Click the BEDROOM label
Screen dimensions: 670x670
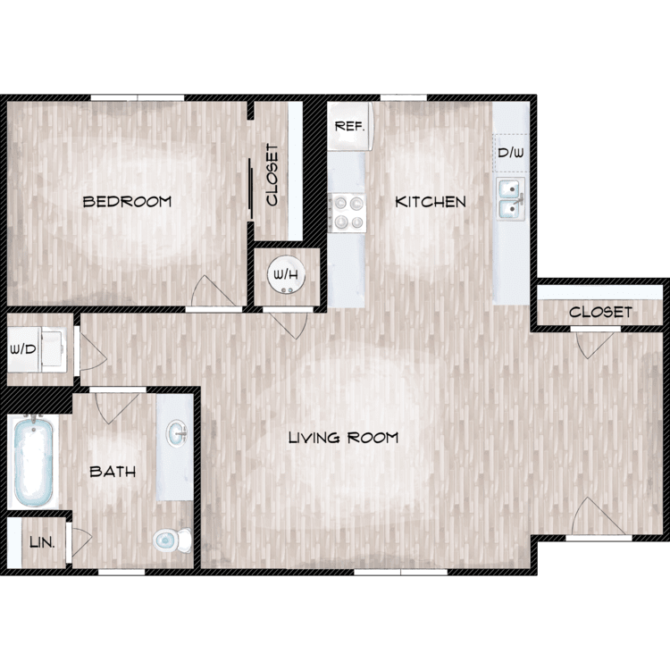point(127,201)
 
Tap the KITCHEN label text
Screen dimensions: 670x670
point(431,202)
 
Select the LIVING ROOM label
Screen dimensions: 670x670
point(344,438)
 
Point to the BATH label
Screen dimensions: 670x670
point(113,472)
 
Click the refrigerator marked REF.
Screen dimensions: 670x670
point(350,126)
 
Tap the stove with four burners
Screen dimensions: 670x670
point(348,213)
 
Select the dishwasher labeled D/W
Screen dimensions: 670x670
point(511,153)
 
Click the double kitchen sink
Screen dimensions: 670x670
point(512,199)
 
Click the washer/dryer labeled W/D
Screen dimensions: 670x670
point(38,349)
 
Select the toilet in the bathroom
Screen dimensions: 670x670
point(172,540)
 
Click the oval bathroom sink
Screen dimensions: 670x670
point(177,433)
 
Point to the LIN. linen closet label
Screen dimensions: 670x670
point(42,542)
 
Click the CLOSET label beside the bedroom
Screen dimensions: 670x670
point(272,174)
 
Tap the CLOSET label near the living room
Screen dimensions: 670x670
point(600,312)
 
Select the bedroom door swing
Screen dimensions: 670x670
point(214,290)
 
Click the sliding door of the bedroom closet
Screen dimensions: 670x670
point(251,189)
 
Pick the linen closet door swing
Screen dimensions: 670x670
point(81,542)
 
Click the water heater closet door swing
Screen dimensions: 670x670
point(288,325)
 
